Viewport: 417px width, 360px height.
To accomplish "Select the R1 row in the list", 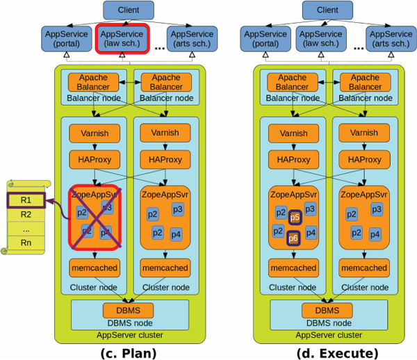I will (26, 202).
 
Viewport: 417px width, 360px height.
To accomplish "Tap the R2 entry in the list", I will (26, 214).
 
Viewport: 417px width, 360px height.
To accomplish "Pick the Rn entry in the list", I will (26, 243).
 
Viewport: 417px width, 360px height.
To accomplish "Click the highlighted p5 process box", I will (295, 218).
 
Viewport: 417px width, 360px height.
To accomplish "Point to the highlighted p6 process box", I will (295, 238).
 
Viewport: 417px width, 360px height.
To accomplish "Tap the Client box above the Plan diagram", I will (124, 10).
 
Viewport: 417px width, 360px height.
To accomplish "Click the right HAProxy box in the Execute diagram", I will (362, 159).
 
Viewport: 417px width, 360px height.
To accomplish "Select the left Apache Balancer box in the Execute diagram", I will (291, 82).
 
